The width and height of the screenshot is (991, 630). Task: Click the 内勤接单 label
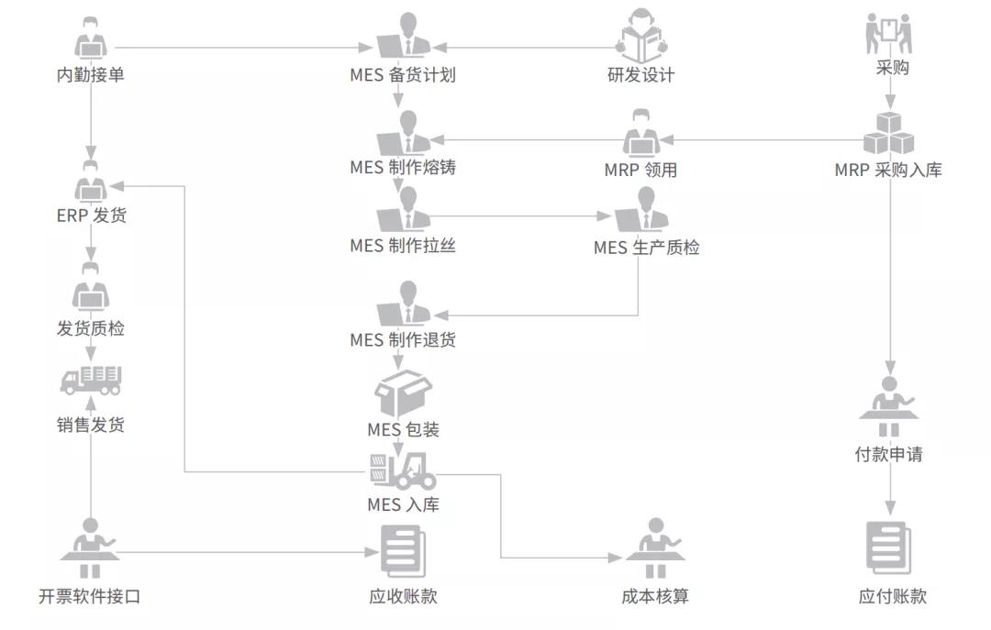click(x=91, y=75)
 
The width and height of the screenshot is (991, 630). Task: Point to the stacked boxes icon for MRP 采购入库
click(x=889, y=135)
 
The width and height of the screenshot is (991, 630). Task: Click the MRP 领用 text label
click(x=640, y=170)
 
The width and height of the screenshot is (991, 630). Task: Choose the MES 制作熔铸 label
click(x=403, y=168)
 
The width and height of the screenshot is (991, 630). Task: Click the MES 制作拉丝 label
click(x=403, y=246)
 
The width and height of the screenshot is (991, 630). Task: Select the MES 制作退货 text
click(x=403, y=340)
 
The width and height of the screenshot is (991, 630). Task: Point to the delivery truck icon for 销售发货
click(x=91, y=380)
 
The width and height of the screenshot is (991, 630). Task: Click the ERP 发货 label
click(x=91, y=216)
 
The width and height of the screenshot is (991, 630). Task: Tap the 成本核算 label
click(x=655, y=596)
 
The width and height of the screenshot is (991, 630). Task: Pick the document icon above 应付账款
click(x=889, y=547)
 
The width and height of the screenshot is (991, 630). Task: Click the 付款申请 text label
click(x=888, y=454)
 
